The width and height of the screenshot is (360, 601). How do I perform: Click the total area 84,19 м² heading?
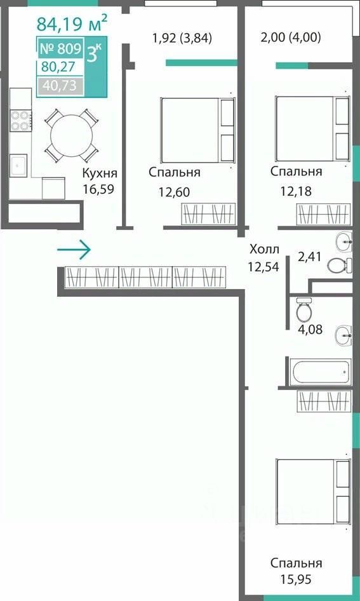tap(72, 24)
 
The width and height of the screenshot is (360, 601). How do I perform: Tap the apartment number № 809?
tap(61, 49)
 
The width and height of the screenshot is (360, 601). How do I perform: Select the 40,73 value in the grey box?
tap(60, 86)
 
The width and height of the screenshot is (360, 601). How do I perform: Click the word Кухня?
tap(100, 173)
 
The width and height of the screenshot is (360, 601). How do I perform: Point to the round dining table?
tap(71, 135)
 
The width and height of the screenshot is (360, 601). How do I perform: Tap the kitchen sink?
tap(18, 166)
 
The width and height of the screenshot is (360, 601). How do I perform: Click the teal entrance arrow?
tap(74, 250)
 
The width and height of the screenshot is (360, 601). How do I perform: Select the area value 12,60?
tap(174, 192)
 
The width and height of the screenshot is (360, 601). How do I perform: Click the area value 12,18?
tap(296, 191)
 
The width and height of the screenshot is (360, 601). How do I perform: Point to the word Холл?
tap(264, 250)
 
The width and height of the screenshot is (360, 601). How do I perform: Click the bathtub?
tap(320, 372)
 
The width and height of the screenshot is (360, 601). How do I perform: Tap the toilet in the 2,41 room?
tap(340, 265)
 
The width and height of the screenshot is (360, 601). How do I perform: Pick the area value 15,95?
tap(296, 579)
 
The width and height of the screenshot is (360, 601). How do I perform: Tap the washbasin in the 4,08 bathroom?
tap(344, 336)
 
